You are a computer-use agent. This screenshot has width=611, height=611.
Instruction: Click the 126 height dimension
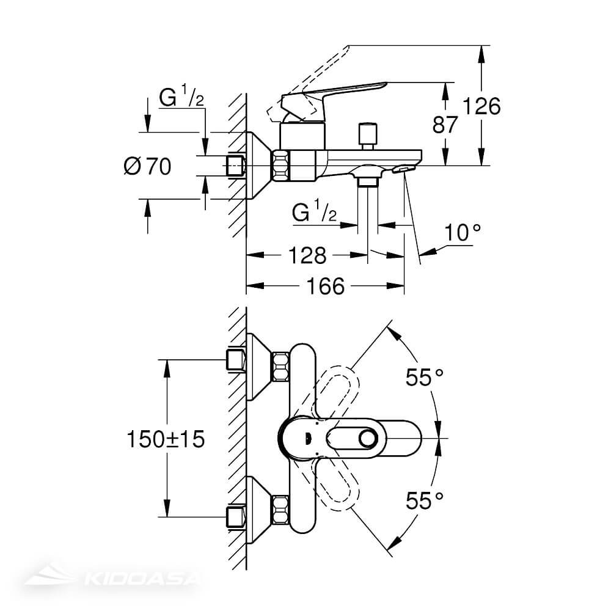click(481, 106)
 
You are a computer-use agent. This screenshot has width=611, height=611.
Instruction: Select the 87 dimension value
click(445, 125)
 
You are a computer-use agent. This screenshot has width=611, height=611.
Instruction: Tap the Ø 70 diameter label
click(147, 166)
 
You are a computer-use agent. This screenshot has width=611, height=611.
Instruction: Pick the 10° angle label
click(462, 233)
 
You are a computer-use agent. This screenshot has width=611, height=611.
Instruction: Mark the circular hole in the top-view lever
click(368, 438)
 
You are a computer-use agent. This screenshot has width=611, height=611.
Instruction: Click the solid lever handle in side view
click(336, 92)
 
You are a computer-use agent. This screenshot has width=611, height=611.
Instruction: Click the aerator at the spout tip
click(404, 168)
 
